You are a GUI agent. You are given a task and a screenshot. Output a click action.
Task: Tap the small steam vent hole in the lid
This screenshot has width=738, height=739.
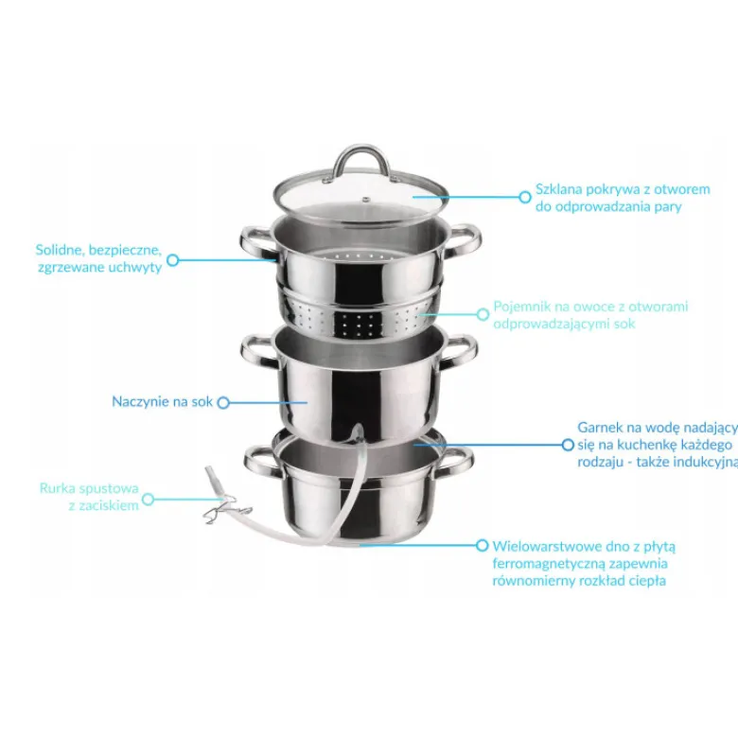365,200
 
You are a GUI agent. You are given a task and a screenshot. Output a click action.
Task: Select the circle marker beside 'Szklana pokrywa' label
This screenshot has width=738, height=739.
524,197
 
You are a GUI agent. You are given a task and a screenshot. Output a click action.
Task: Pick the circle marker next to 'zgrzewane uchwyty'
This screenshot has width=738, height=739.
173,259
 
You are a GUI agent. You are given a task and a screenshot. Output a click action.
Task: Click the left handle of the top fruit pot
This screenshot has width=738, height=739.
255,243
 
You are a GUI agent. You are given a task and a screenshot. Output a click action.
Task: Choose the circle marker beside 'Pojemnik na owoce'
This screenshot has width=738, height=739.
483,314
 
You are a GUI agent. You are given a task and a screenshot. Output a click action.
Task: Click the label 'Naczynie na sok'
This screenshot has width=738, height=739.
162,401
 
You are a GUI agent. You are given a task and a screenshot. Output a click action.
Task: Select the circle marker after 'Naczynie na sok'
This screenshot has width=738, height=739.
223,402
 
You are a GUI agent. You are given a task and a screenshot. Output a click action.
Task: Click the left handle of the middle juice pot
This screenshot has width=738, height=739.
257,351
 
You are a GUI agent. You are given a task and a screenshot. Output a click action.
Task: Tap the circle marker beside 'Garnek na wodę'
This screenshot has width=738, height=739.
568,445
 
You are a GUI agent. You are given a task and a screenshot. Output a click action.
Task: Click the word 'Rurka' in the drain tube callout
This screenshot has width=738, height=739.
56,488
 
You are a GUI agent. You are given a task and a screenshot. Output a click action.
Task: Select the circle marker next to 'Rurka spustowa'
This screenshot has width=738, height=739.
148,499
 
